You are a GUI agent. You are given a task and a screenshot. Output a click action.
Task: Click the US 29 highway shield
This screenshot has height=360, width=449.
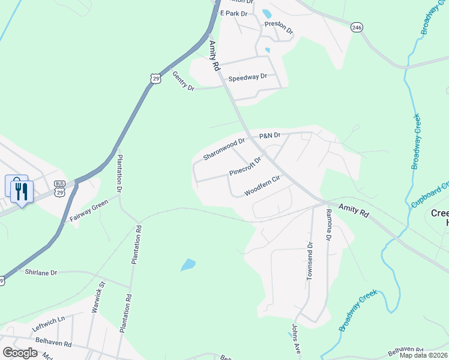pos(156,79)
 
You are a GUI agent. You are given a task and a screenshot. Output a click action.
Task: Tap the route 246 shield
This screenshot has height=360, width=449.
pos(357,28)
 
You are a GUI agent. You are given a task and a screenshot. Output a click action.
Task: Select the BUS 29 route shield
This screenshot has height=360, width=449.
pos(59,188)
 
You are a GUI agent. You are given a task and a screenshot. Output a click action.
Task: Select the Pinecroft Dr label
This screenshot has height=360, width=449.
pos(246,167)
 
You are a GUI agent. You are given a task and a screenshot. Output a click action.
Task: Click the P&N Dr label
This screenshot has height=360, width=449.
pos(270,136)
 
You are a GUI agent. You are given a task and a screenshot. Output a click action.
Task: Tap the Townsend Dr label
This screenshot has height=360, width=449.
pos(310,261)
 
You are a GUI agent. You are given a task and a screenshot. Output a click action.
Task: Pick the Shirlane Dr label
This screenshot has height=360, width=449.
pos(41,272)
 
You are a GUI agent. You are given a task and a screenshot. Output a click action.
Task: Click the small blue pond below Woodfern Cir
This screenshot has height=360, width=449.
pos(188,265)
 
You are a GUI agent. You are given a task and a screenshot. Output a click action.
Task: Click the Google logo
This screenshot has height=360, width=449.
pos(20,352)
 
